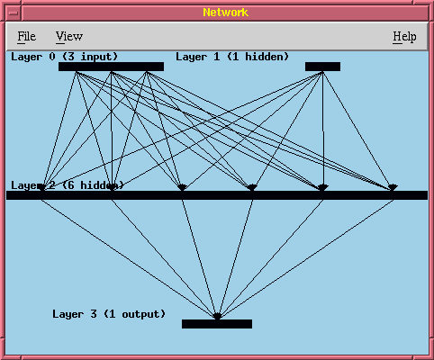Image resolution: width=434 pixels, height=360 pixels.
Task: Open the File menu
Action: pos(26,37)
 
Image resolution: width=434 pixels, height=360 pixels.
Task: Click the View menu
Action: pos(69,37)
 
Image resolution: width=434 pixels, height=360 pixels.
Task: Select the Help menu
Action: pos(404,37)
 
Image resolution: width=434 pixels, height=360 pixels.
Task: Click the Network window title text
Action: pos(226,13)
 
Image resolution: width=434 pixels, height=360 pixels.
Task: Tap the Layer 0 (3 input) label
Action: pos(64,57)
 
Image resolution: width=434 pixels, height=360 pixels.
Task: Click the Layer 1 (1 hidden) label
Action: pos(232,57)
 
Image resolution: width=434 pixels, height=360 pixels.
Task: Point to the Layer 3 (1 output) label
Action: pos(109,314)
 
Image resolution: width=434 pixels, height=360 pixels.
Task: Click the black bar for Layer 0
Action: pos(111,67)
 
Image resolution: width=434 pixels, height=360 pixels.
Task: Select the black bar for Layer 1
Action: pos(322,67)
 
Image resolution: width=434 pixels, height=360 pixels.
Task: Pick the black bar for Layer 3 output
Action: pos(217,324)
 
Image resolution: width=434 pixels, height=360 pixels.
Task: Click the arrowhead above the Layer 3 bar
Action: pos(217,316)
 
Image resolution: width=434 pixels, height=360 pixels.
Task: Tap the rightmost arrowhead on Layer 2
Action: pos(393,187)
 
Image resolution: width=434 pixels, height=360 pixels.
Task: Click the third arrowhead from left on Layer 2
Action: pos(182,187)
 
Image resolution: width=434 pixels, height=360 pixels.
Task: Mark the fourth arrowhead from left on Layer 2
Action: pos(252,187)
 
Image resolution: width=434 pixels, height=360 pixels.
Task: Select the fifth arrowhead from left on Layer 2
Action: pos(322,187)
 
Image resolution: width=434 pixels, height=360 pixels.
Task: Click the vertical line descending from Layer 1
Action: pos(322,128)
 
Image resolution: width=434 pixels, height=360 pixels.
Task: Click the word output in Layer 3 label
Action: pos(140,314)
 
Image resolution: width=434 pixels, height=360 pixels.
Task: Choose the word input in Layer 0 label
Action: pos(96,57)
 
